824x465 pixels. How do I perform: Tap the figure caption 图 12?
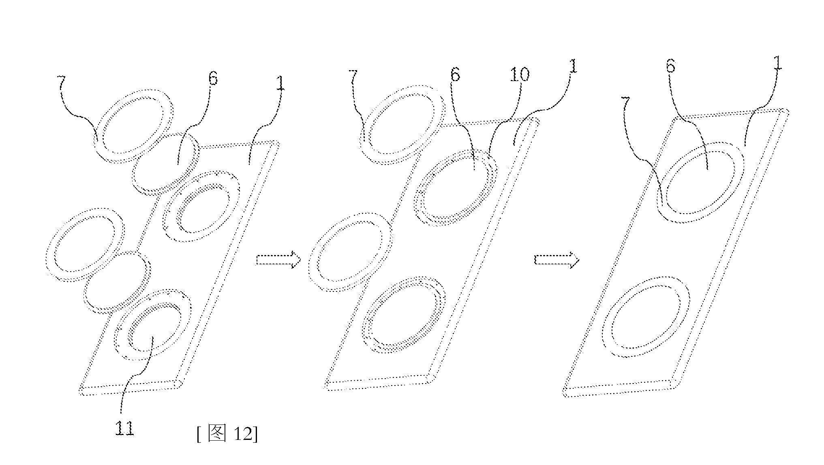227,434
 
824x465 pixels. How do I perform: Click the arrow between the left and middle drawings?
278,259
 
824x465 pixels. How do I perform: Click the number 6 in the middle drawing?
455,75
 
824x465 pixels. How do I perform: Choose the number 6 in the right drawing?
671,65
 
